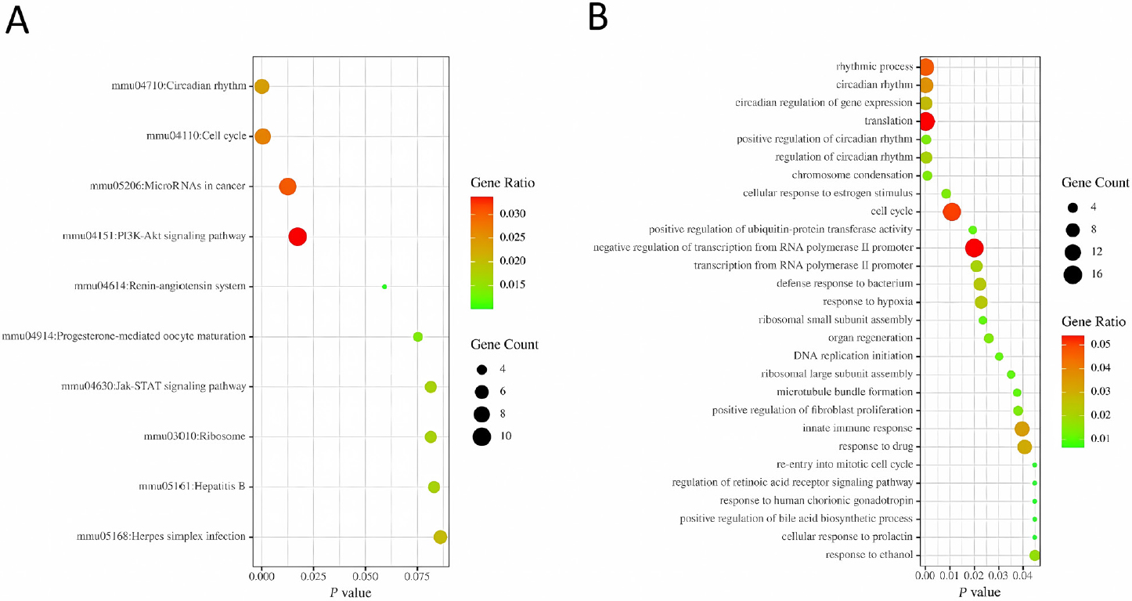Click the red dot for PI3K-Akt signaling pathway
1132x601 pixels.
click(297, 237)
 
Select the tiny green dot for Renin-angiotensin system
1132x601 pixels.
click(384, 287)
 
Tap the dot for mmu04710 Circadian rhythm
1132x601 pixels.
click(261, 86)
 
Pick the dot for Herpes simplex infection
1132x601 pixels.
click(440, 537)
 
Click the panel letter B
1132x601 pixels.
click(597, 17)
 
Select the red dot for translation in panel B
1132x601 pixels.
click(926, 121)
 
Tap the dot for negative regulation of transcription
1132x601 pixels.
click(974, 248)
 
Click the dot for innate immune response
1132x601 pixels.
click(1022, 429)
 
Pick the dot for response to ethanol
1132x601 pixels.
click(1035, 556)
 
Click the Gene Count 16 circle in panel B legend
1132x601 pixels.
click(1073, 274)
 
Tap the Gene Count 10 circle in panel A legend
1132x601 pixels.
click(481, 436)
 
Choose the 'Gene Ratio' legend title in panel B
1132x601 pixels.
click(1094, 321)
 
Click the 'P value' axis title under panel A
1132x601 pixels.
click(350, 592)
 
